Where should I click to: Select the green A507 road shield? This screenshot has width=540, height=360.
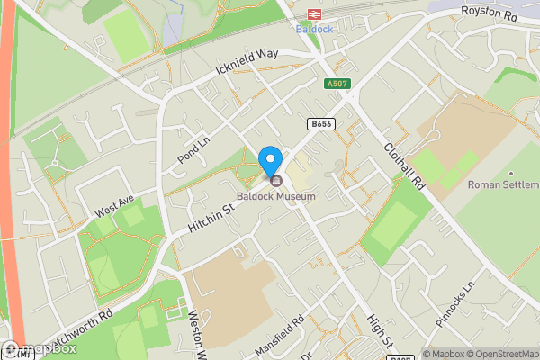coord(337,84)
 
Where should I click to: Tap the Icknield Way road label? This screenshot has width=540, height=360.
coord(248,63)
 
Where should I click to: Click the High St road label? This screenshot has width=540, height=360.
coord(380,331)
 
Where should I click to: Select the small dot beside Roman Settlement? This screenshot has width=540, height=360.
coord(511,173)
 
